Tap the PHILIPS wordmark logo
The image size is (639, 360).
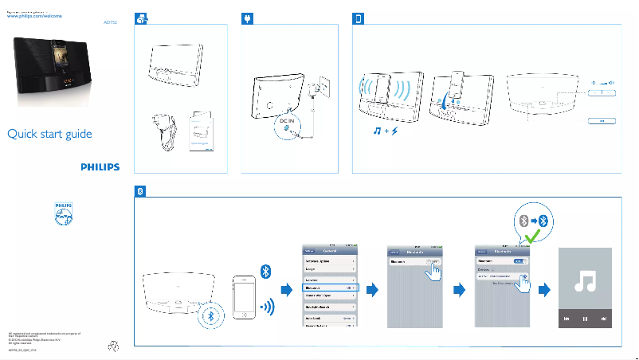pos(100,167)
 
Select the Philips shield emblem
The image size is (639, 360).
pos(63,214)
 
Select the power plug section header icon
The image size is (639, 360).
pos(249,18)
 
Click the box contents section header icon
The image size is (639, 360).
pos(140,18)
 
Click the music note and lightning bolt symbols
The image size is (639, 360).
pos(385,130)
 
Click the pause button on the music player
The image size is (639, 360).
pos(585,319)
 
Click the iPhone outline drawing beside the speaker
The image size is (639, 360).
pos(245,299)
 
